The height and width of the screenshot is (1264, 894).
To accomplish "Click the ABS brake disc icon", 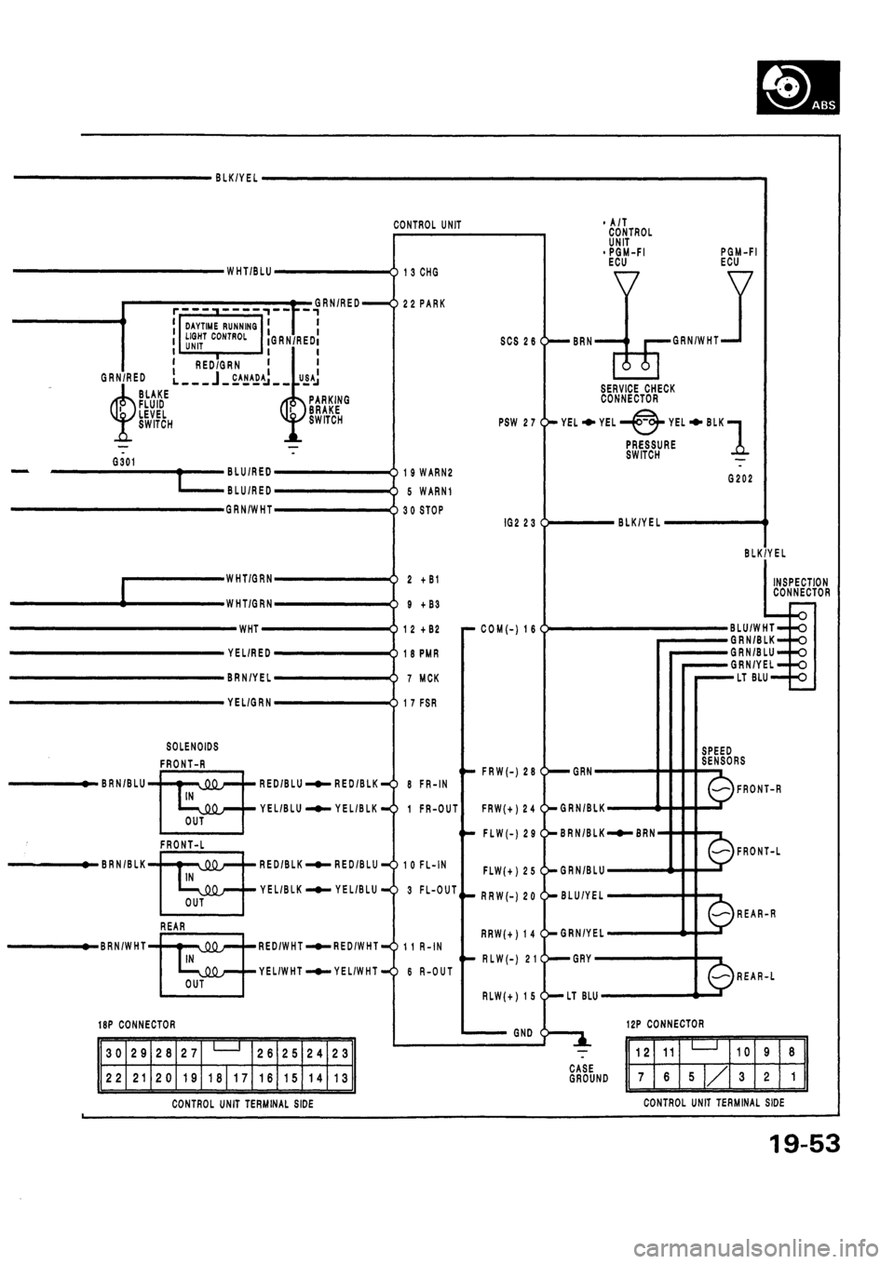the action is tap(798, 87).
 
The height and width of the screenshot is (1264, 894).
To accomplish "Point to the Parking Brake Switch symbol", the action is tap(292, 409).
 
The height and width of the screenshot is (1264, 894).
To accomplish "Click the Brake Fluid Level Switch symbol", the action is tap(123, 408).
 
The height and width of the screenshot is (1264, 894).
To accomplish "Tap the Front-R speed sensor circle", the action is tap(722, 789).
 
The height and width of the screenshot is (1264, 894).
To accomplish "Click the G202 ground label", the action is tap(738, 478).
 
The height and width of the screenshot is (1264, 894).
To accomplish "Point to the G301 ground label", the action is tap(123, 461).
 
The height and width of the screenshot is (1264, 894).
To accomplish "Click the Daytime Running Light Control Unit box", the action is tap(220, 335).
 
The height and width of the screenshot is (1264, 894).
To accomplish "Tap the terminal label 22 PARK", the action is tap(424, 303).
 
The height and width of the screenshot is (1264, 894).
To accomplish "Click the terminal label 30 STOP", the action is tap(424, 510).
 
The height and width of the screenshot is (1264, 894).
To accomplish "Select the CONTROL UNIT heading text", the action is tap(427, 225).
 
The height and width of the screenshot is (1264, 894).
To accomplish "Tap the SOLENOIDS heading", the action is tap(193, 746).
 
